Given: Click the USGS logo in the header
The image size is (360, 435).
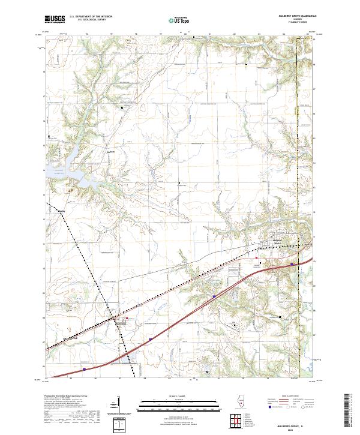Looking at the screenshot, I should (55, 19).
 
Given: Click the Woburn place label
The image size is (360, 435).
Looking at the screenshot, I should (61, 210).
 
